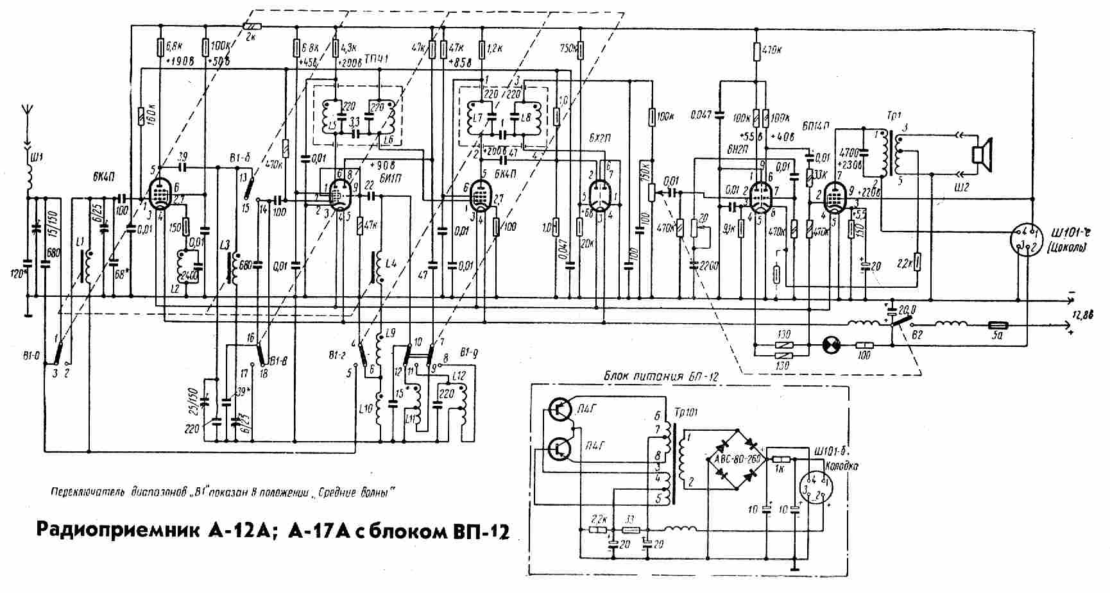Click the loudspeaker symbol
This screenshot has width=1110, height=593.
coord(982,155)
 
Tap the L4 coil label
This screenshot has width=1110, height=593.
coord(391,263)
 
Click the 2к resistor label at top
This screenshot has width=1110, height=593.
coord(250,37)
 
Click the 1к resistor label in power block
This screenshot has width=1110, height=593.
coord(780,470)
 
